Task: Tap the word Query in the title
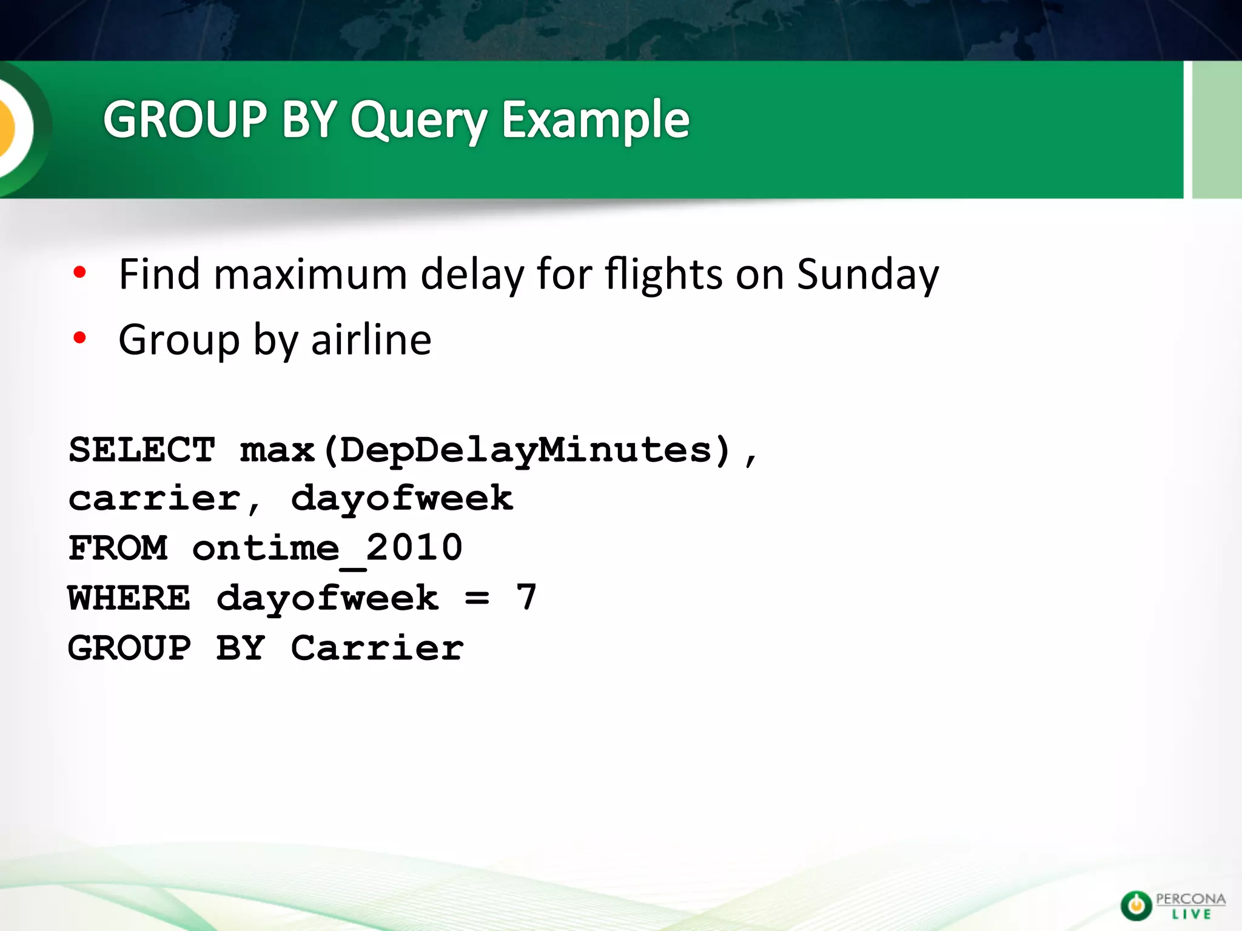418,121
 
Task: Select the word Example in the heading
596,121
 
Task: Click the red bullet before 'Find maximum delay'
79,273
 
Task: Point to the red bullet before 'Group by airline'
79,338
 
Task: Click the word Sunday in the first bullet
867,275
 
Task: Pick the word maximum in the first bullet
310,274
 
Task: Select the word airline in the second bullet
371,339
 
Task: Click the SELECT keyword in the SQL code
142,450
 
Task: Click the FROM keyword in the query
118,549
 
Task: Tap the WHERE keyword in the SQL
129,598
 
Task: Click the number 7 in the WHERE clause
526,597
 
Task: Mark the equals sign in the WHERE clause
477,599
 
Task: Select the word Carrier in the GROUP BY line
377,648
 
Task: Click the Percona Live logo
1172,906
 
